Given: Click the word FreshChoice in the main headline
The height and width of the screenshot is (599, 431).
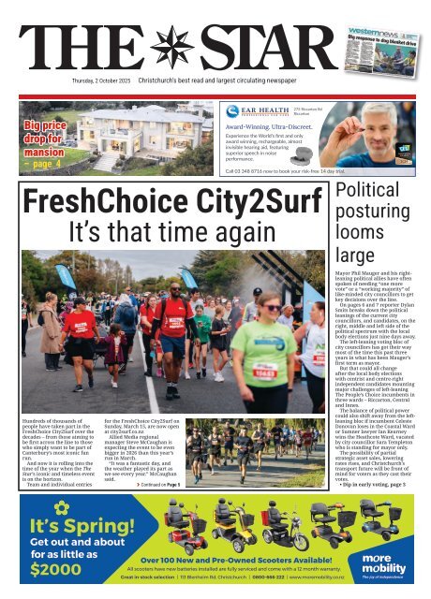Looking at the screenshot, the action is pyautogui.click(x=93, y=202).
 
